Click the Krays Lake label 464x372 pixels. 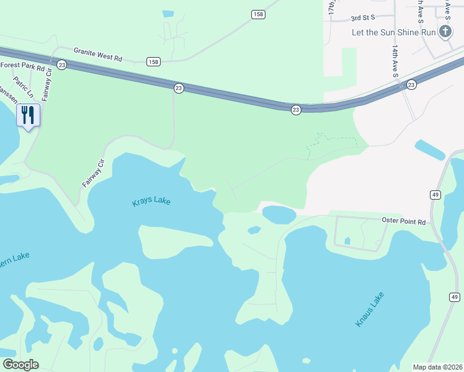click(151, 202)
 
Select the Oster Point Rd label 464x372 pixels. click(403, 221)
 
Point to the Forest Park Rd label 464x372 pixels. click(23, 66)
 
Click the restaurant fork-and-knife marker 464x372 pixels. click(28, 115)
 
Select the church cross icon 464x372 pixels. click(445, 32)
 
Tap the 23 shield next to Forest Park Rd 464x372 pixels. click(61, 64)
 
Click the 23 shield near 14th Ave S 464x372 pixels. click(411, 84)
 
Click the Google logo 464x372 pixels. click(20, 365)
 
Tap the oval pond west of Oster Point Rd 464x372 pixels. click(279, 215)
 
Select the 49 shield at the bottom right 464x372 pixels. click(453, 297)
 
